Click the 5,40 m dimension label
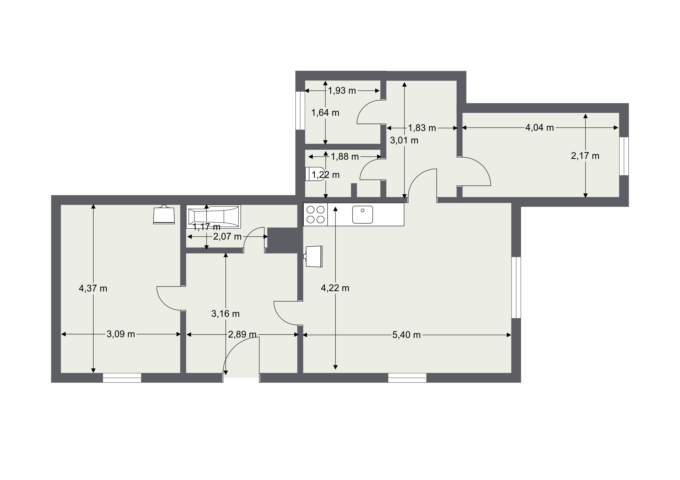click(x=406, y=335)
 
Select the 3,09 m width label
click(x=121, y=334)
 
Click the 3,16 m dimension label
click(x=225, y=314)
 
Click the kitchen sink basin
click(x=362, y=214)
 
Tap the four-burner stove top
click(x=315, y=214)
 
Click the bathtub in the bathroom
click(x=213, y=217)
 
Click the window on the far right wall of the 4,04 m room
click(x=624, y=156)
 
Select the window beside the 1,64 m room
click(x=300, y=110)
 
